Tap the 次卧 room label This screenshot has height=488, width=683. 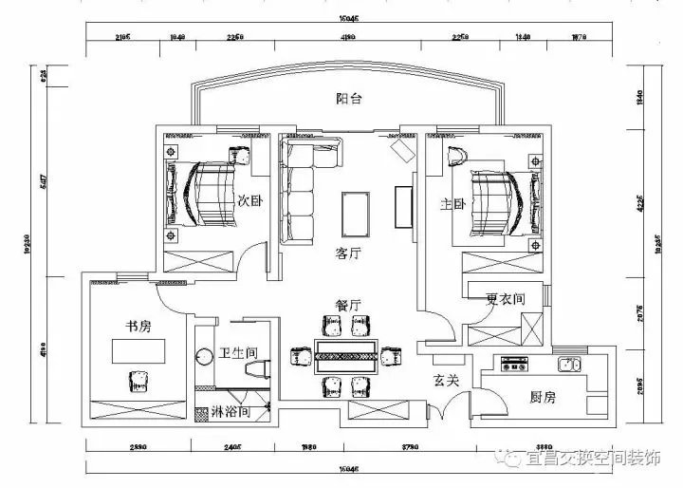coord(249,200)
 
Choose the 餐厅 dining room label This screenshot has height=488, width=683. coord(348,305)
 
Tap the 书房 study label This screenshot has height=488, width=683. coord(140,326)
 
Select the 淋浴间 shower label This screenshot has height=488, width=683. coord(231,413)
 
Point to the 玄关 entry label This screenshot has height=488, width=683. coord(447,381)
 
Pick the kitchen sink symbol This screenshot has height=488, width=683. coord(569,364)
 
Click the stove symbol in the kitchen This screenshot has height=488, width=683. coord(515,364)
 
